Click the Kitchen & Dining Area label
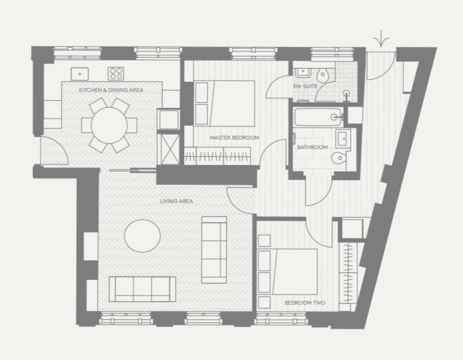111,90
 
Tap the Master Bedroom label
234,137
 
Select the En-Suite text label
305,86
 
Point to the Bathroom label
312,147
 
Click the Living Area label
176,201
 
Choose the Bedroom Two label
304,303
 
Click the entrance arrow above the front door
381,39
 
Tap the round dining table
109,125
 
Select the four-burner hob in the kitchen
115,74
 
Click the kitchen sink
80,74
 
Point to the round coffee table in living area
142,236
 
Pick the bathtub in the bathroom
318,117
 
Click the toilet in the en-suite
322,75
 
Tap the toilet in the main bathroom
339,158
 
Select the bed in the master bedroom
225,103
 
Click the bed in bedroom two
287,271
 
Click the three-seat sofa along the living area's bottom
142,290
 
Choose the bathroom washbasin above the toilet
342,138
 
